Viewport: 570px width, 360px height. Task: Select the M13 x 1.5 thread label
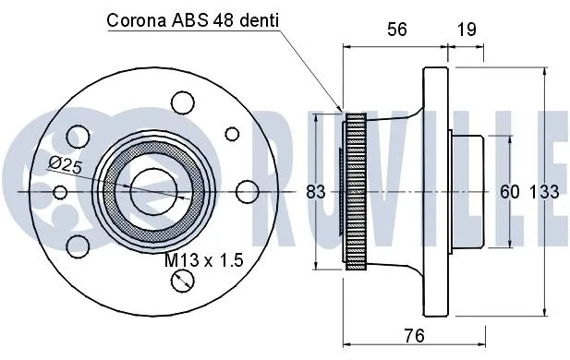pyautogui.click(x=203, y=261)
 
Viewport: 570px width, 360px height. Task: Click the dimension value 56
pyautogui.click(x=397, y=30)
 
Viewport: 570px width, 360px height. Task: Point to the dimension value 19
pyautogui.click(x=467, y=30)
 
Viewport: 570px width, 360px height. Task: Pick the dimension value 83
pyautogui.click(x=316, y=192)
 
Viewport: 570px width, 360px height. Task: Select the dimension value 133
pyautogui.click(x=544, y=192)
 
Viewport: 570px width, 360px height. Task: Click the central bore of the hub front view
pyautogui.click(x=152, y=191)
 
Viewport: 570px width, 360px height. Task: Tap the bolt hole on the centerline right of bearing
pyautogui.click(x=246, y=191)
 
